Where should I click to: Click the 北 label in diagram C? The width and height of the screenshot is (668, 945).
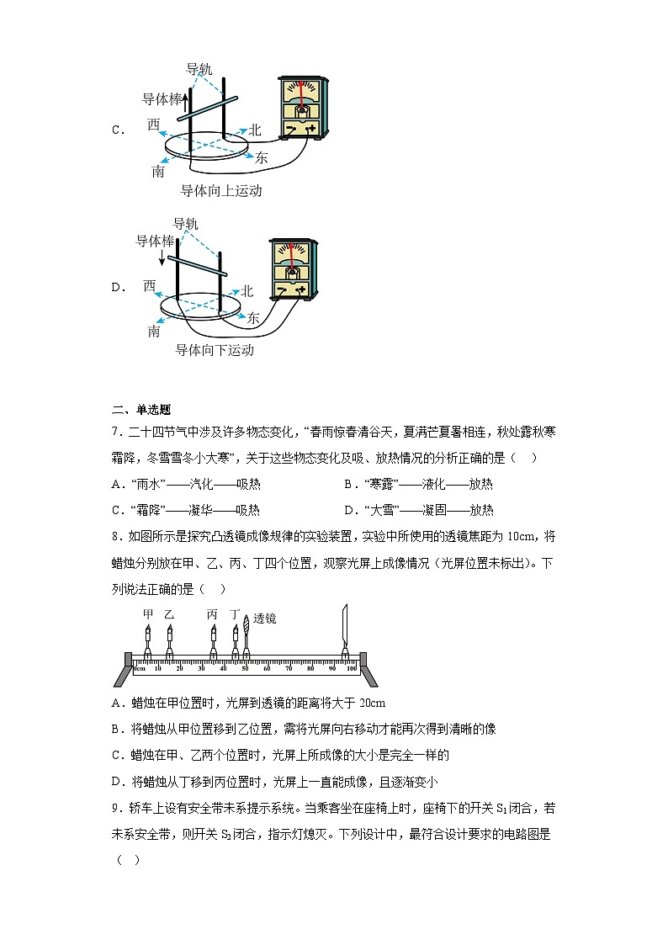click(256, 130)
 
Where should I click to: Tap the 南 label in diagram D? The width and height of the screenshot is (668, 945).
click(154, 331)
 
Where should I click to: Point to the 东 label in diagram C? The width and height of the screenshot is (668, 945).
click(262, 157)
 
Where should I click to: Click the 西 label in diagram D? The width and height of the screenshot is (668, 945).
click(149, 286)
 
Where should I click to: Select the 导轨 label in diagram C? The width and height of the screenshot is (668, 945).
click(199, 69)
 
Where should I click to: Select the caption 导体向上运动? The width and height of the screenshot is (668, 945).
click(221, 191)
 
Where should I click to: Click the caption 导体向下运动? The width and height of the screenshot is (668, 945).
click(214, 350)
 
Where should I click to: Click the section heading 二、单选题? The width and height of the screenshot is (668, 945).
click(141, 410)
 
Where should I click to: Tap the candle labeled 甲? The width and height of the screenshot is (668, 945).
click(147, 640)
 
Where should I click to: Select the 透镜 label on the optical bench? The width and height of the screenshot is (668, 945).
click(265, 618)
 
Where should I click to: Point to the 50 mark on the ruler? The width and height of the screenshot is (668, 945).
click(246, 668)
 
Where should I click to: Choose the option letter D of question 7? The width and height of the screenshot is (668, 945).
click(348, 510)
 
